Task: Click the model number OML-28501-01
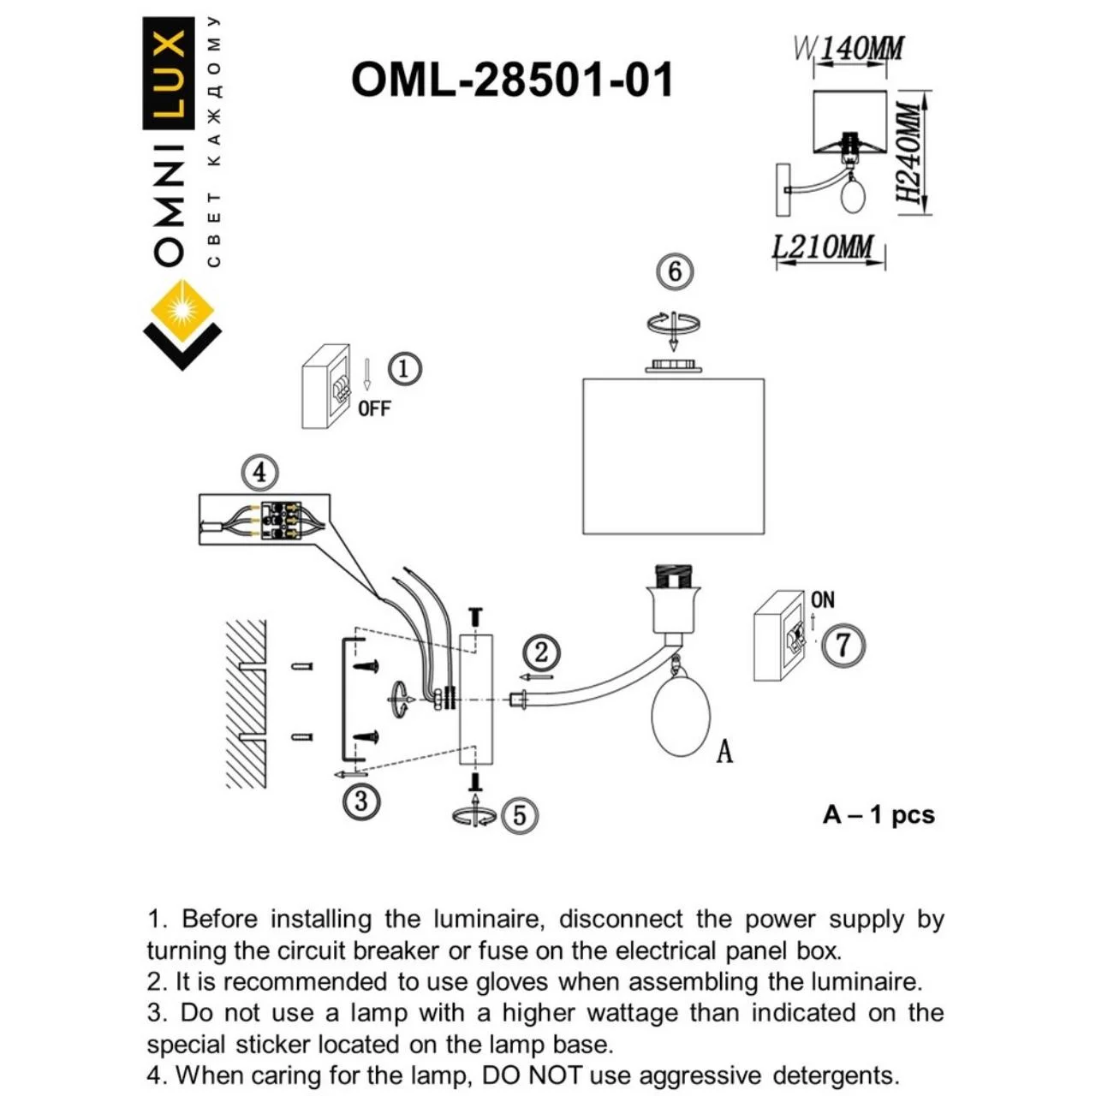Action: [x=512, y=80]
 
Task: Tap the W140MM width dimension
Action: [x=848, y=49]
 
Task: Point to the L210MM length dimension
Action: [x=823, y=247]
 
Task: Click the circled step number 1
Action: [x=404, y=369]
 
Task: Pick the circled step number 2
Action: [x=541, y=652]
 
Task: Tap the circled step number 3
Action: [x=361, y=801]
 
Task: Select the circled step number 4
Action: [x=260, y=472]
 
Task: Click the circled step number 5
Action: [x=520, y=814]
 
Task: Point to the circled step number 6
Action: [x=675, y=271]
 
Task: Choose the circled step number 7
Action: [x=843, y=644]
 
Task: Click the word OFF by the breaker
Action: [x=374, y=408]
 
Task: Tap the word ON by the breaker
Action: [x=822, y=599]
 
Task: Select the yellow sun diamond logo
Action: [x=182, y=309]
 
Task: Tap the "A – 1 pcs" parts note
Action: [x=879, y=814]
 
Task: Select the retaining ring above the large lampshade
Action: [x=673, y=366]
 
